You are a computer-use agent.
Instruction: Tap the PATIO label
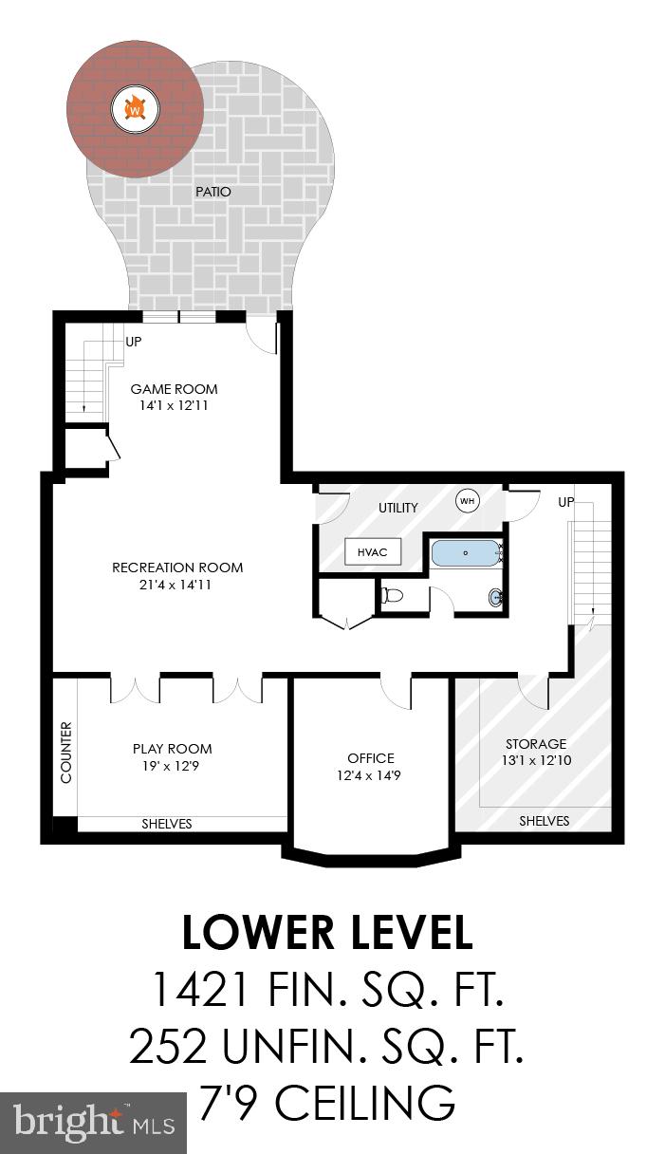pyautogui.click(x=213, y=192)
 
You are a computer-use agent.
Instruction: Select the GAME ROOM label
pyautogui.click(x=174, y=389)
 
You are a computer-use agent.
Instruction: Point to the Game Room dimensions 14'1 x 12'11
pyautogui.click(x=174, y=405)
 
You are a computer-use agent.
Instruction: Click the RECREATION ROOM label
pyautogui.click(x=177, y=568)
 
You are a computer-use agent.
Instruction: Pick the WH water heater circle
pyautogui.click(x=467, y=500)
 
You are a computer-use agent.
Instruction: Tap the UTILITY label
pyautogui.click(x=398, y=508)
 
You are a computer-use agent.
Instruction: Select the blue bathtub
pyautogui.click(x=465, y=552)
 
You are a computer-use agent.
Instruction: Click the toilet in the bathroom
pyautogui.click(x=392, y=596)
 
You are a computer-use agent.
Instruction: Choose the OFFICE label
pyautogui.click(x=370, y=758)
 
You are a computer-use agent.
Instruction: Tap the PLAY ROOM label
pyautogui.click(x=172, y=749)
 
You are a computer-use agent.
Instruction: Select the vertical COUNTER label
pyautogui.click(x=65, y=752)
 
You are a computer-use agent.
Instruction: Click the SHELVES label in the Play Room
pyautogui.click(x=167, y=824)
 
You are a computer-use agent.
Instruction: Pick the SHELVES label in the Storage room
pyautogui.click(x=545, y=821)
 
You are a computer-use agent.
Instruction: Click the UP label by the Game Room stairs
pyautogui.click(x=134, y=341)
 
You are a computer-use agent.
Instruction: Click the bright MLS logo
pyautogui.click(x=93, y=1123)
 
